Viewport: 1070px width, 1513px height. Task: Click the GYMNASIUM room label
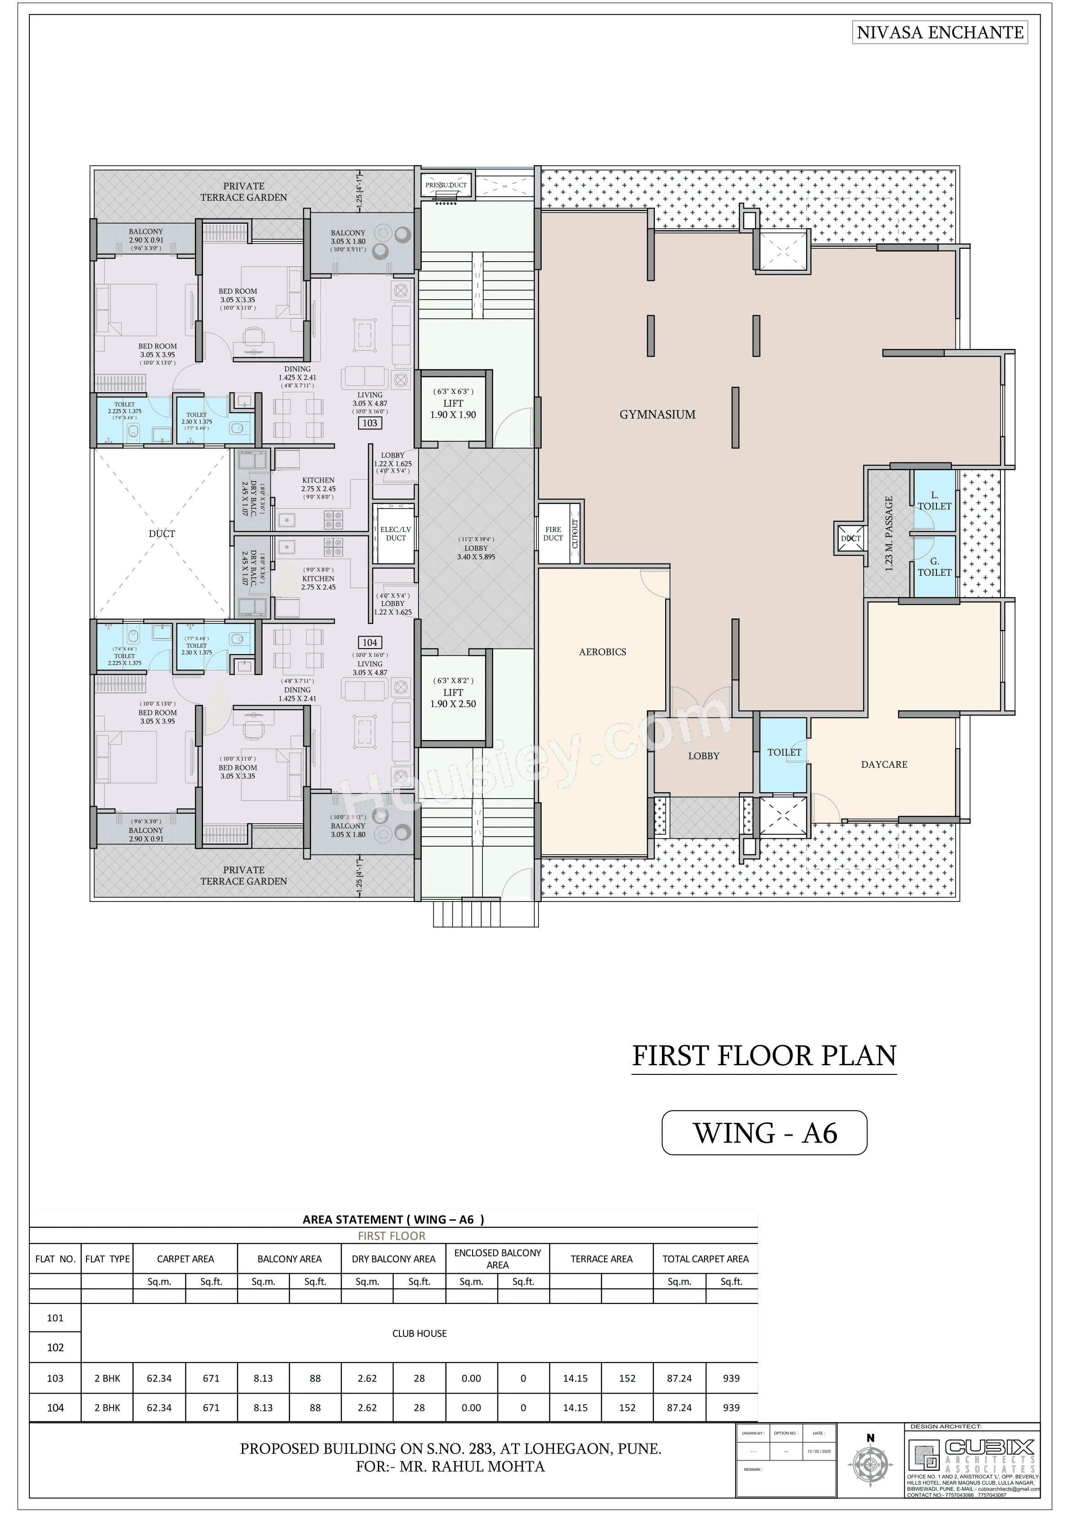click(657, 414)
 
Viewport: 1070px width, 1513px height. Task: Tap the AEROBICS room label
click(602, 652)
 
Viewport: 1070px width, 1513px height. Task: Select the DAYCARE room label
click(884, 764)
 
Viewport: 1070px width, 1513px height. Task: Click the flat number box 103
click(370, 423)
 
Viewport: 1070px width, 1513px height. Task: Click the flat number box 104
click(370, 643)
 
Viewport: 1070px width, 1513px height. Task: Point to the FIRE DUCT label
click(553, 534)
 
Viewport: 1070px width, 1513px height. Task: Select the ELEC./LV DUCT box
click(396, 534)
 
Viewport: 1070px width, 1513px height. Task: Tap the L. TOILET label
click(934, 501)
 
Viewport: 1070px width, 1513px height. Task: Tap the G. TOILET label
click(934, 567)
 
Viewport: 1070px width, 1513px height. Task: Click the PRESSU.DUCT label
click(446, 185)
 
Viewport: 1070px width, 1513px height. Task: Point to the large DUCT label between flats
click(161, 534)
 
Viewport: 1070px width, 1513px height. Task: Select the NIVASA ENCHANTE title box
click(940, 32)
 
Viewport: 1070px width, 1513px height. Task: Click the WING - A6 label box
click(764, 1133)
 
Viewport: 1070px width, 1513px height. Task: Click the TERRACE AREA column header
click(601, 1259)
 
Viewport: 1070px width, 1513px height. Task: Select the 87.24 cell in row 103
click(679, 1378)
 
